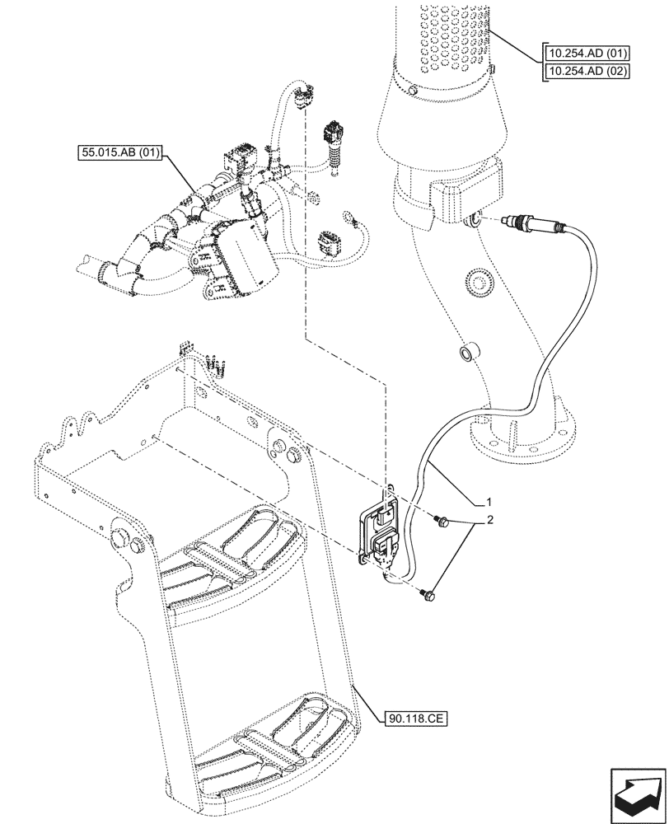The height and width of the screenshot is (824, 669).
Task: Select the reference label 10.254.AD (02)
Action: pos(586,71)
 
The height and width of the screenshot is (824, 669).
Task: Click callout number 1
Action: pos(489,501)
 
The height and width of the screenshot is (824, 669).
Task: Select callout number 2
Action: pos(489,521)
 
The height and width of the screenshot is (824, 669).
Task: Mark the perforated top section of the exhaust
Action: pos(450,37)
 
